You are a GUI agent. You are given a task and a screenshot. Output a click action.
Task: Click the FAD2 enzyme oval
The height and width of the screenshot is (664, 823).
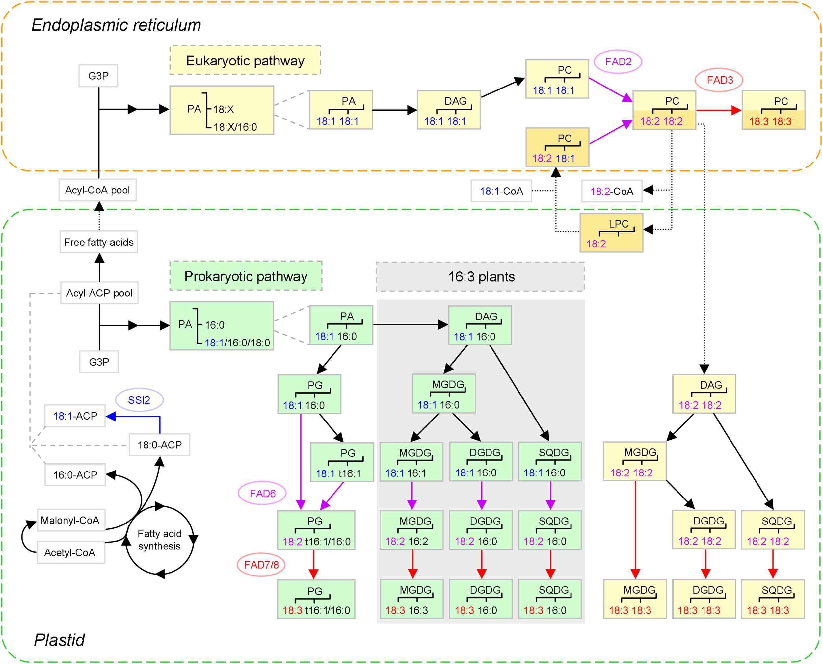(x=618, y=62)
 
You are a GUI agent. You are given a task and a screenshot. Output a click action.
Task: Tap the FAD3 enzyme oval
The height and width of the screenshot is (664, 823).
(x=719, y=80)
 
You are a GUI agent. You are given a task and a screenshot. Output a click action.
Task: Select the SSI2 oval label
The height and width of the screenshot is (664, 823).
(x=139, y=400)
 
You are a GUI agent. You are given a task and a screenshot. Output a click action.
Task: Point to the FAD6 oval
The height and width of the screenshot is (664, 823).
(x=262, y=494)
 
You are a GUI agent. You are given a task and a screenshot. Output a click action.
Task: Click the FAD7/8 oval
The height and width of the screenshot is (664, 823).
(x=261, y=565)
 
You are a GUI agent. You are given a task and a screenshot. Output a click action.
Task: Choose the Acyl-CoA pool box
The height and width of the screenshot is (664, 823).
(x=97, y=190)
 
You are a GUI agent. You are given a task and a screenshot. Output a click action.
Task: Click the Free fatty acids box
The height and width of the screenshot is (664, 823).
(x=99, y=242)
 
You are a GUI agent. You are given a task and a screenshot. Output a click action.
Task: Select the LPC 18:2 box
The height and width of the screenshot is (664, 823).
(x=611, y=233)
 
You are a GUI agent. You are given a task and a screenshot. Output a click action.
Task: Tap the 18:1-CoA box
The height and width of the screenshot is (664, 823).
(x=501, y=191)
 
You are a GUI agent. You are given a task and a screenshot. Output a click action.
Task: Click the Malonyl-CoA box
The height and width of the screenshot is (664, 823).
(x=71, y=520)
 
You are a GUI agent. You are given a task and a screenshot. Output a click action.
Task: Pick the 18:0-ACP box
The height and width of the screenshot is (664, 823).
(x=160, y=445)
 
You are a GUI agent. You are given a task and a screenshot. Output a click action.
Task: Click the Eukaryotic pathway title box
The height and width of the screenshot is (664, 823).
(x=245, y=61)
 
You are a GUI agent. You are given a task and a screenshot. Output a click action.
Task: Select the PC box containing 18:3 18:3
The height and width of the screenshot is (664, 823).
(x=773, y=110)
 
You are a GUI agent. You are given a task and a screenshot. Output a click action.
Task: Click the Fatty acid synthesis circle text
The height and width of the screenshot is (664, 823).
(x=160, y=540)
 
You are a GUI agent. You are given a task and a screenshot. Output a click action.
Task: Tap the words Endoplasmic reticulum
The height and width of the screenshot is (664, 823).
(x=116, y=25)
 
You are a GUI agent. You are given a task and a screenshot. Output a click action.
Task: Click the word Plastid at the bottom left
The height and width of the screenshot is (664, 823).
(x=59, y=640)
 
